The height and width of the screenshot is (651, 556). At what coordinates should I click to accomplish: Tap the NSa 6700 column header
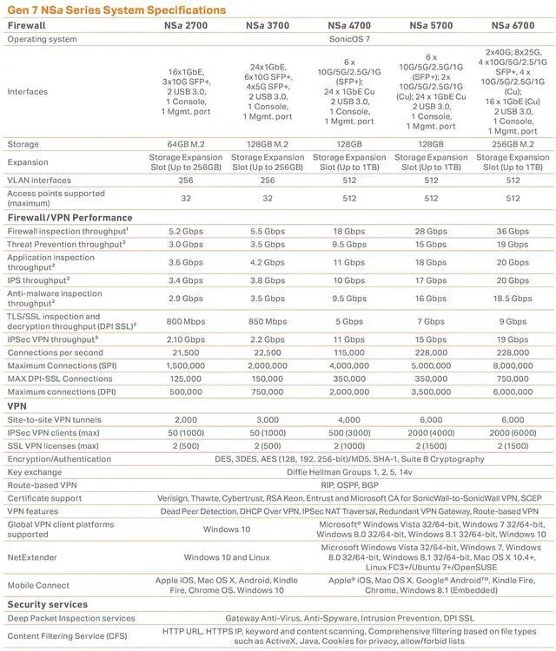pyautogui.click(x=513, y=26)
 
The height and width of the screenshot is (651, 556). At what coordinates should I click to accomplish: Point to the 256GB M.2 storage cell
pyautogui.click(x=513, y=144)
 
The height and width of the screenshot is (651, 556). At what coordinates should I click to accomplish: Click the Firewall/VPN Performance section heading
pyautogui.click(x=69, y=218)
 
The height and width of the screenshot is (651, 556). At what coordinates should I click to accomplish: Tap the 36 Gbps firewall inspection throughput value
pyautogui.click(x=513, y=232)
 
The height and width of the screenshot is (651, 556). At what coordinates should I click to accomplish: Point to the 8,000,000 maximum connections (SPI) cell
pyautogui.click(x=513, y=365)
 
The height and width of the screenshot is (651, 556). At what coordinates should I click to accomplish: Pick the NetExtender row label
pyautogui.click(x=34, y=557)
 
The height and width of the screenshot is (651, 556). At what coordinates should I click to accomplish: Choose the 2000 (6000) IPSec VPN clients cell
pyautogui.click(x=513, y=432)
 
